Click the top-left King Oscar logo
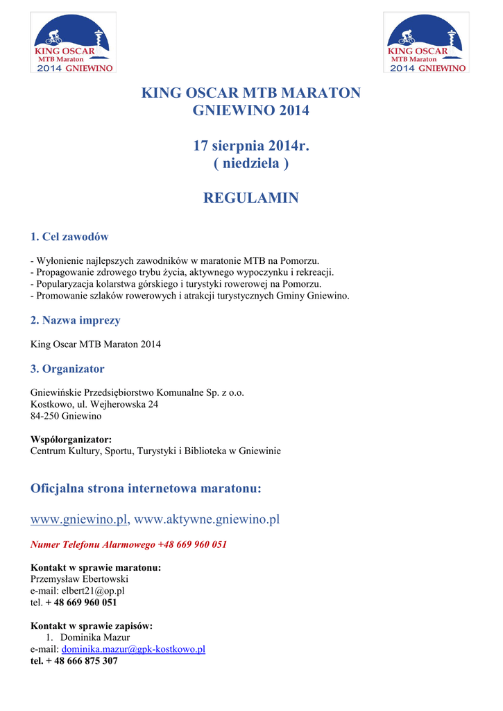click(x=73, y=43)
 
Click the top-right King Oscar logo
click(x=427, y=43)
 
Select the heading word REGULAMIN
click(x=250, y=199)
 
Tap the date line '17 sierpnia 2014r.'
click(x=250, y=146)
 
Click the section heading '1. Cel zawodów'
click(x=70, y=237)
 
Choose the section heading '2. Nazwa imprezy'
click(x=76, y=320)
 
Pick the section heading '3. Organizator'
click(x=67, y=369)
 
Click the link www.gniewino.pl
click(x=80, y=519)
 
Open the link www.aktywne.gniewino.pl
click(x=207, y=519)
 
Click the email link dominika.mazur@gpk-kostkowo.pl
click(x=134, y=649)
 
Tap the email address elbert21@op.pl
click(x=92, y=591)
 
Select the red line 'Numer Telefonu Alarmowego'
click(x=129, y=544)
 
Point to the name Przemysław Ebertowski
click(x=80, y=579)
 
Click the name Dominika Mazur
click(x=95, y=637)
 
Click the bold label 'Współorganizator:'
click(x=71, y=440)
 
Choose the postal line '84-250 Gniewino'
click(x=67, y=416)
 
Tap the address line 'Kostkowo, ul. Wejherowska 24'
click(x=94, y=404)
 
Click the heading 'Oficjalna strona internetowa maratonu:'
click(x=146, y=489)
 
